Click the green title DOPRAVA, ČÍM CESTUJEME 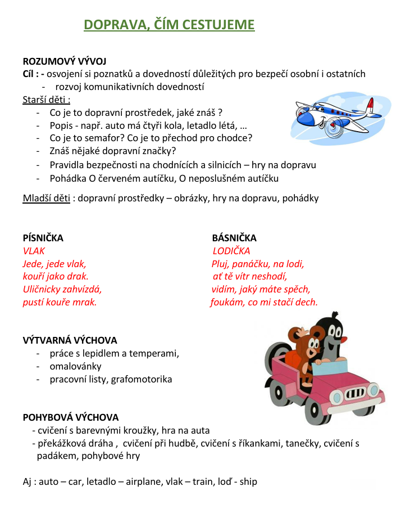click(x=169, y=25)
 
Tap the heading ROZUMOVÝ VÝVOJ click(x=65, y=61)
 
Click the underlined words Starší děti click(x=45, y=100)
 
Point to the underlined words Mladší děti click(x=46, y=198)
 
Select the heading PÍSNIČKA click(x=43, y=238)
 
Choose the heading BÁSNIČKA click(x=234, y=238)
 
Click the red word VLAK click(x=34, y=251)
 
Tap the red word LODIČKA click(x=231, y=251)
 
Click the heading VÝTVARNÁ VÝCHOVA click(x=70, y=340)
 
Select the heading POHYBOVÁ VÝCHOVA click(x=71, y=417)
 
